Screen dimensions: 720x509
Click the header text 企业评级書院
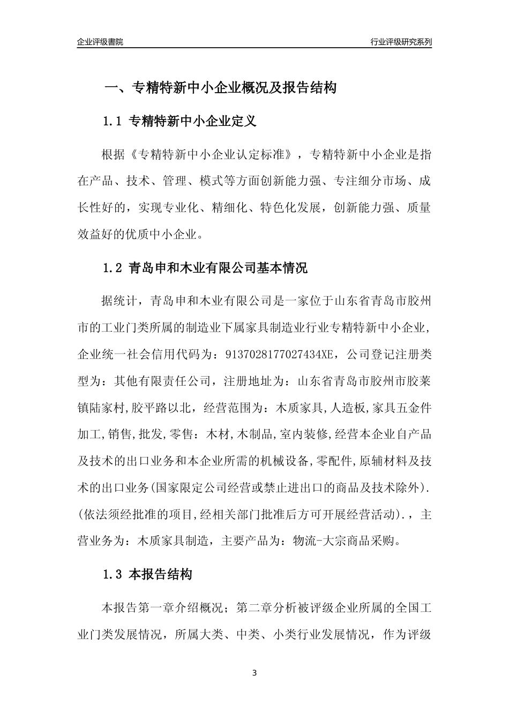coord(100,42)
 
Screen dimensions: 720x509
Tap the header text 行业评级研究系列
coord(401,42)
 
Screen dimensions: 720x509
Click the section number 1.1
coord(113,121)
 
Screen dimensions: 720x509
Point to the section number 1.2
coord(113,268)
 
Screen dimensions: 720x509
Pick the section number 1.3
coord(113,575)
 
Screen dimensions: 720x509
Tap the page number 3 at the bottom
coord(254,673)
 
